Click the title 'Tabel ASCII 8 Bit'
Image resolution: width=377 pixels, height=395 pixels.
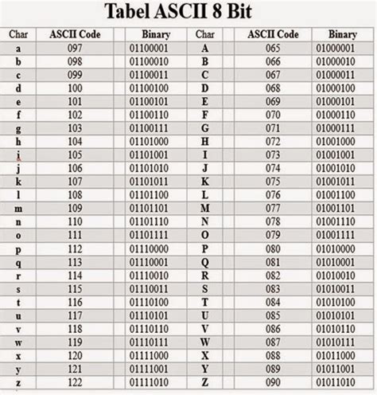[x=188, y=14]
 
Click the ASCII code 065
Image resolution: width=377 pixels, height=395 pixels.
[x=273, y=49]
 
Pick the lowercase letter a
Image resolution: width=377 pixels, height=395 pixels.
[x=17, y=49]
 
